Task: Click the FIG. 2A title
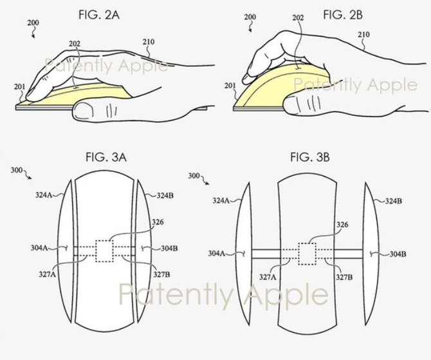click(99, 15)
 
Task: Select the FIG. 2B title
click(343, 15)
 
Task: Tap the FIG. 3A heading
click(106, 157)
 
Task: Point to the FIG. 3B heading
click(310, 157)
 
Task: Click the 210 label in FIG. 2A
click(149, 42)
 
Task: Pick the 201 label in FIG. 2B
click(230, 86)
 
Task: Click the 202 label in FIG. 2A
click(75, 44)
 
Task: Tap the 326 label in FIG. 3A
click(158, 222)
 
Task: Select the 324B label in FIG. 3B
click(393, 201)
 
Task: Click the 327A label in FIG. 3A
click(47, 274)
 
